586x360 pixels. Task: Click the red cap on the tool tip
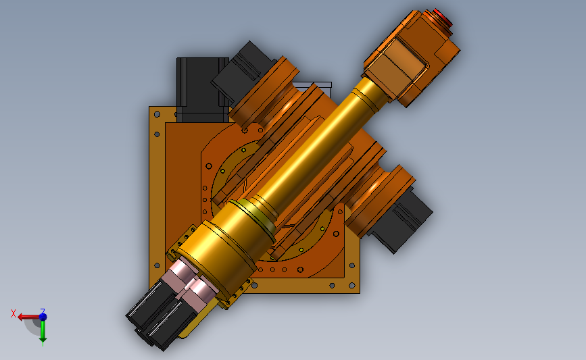click(443, 17)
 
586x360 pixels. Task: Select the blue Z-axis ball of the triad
click(43, 317)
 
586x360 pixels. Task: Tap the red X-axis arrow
click(29, 317)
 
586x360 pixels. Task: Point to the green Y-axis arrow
click(43, 331)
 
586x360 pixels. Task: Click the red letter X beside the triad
click(14, 313)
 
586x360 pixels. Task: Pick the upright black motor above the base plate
click(203, 90)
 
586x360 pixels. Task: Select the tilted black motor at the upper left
click(242, 71)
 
